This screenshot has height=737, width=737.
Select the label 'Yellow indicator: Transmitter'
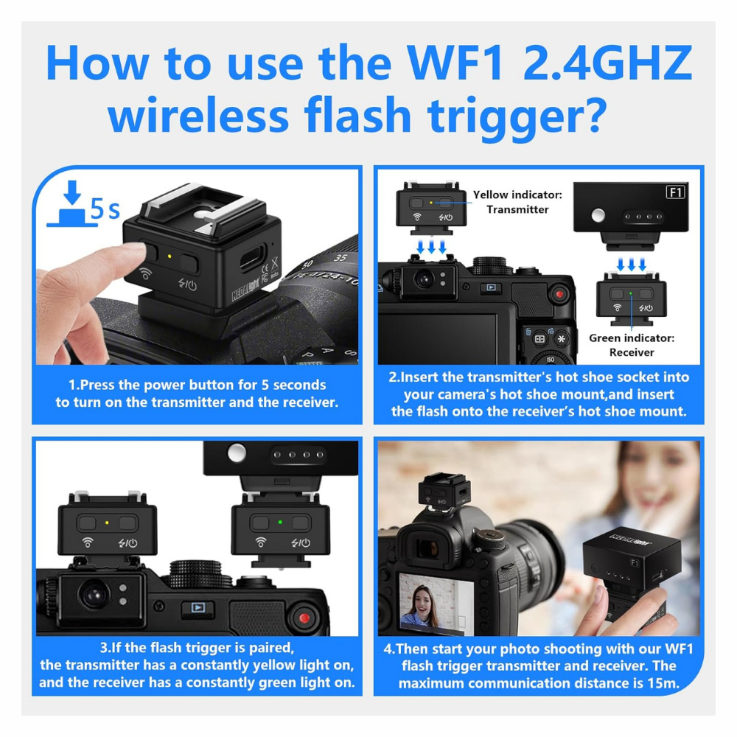(x=517, y=202)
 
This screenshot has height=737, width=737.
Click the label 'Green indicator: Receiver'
(x=632, y=345)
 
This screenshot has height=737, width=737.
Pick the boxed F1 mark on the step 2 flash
(x=675, y=193)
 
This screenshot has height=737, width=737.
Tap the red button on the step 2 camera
(x=560, y=295)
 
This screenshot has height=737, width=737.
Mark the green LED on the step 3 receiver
(x=280, y=523)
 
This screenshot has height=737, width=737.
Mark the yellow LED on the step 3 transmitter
(x=108, y=523)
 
